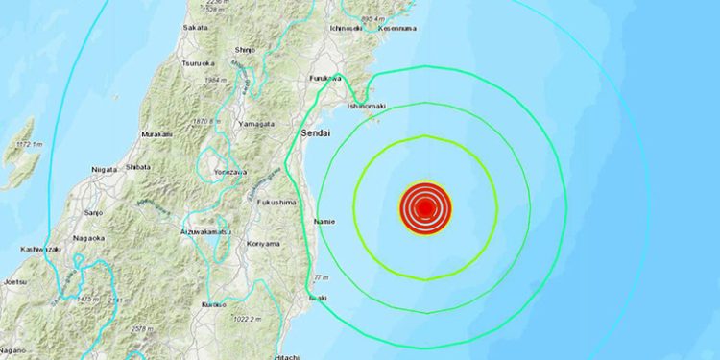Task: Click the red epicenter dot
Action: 424,206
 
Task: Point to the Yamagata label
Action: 257,124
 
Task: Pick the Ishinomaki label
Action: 366,105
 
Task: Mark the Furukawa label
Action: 326,77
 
